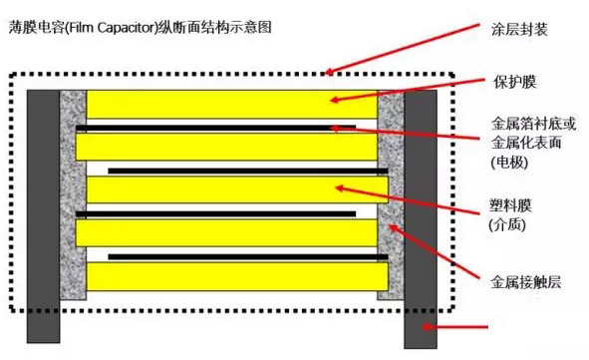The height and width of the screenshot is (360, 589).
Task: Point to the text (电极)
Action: tap(508, 161)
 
